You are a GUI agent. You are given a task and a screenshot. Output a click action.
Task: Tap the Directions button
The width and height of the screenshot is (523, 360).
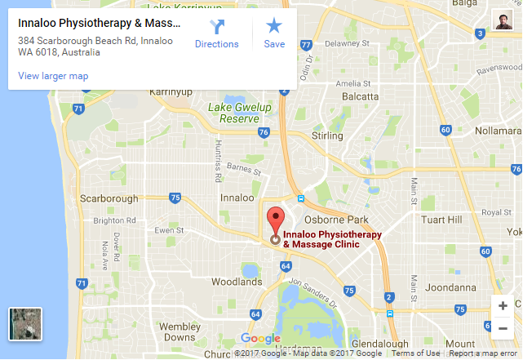click(216, 34)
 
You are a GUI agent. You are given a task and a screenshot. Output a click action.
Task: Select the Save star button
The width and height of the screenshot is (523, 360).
click(274, 34)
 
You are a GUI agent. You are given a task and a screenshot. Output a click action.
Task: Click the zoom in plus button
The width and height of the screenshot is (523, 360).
click(503, 306)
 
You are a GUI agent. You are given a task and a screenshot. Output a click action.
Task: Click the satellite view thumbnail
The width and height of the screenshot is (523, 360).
click(24, 324)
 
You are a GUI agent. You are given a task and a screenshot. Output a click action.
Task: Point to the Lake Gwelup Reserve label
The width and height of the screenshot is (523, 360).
click(238, 113)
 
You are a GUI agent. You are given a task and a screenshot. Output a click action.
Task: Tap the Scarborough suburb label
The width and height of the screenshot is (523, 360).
click(109, 198)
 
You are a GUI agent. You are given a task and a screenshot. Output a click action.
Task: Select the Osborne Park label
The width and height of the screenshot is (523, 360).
click(331, 220)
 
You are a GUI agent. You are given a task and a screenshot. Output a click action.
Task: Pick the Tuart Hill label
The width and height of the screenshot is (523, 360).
click(440, 220)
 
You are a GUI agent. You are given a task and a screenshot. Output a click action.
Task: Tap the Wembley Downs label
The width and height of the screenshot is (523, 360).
click(180, 331)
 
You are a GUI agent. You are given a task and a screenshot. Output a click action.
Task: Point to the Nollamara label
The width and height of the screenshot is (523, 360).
click(491, 131)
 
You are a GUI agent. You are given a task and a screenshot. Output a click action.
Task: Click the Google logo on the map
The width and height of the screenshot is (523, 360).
click(260, 339)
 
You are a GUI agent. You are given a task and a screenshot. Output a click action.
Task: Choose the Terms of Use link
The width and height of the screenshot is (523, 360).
click(415, 353)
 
